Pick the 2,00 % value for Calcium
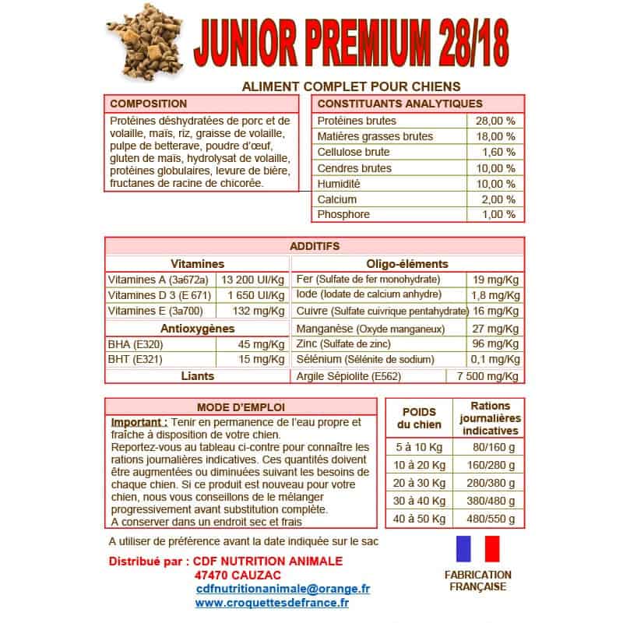pos(498,199)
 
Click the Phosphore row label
pos(343,214)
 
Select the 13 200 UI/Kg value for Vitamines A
pos(252,280)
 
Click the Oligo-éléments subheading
pos(407,264)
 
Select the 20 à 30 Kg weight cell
pos(421,483)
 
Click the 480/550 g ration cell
pos(490,518)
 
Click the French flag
pos(477,549)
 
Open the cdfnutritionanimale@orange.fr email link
pos(283,590)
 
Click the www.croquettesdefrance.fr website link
pos(272,603)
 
